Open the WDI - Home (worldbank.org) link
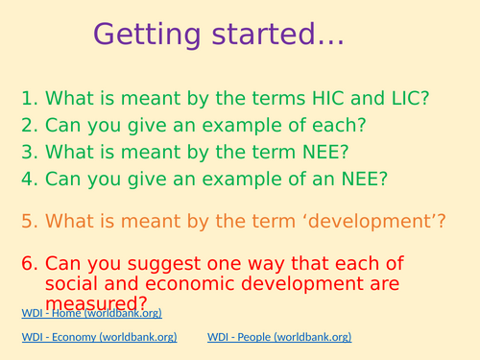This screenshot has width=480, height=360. coord(92,313)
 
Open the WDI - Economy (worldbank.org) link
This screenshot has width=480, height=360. coord(101,337)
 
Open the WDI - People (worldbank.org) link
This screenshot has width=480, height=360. coord(279,337)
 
